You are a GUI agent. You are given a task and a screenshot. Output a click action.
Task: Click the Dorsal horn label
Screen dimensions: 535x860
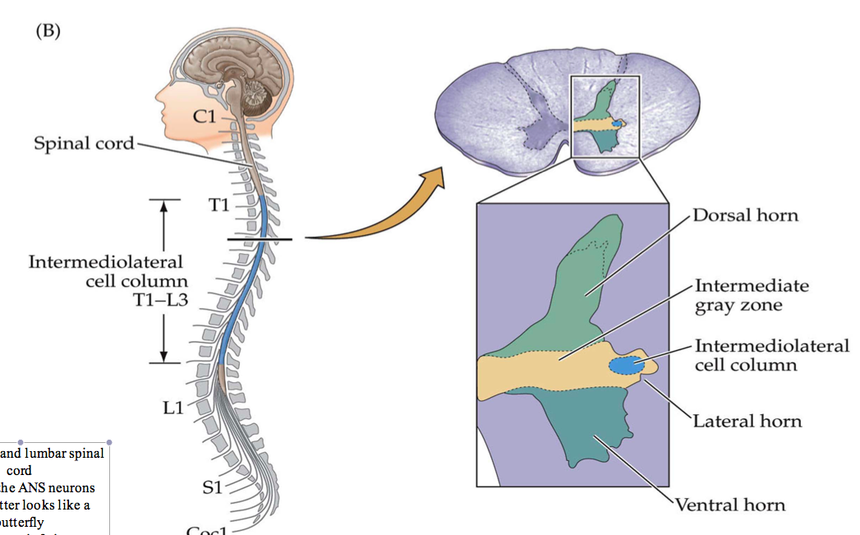(745, 216)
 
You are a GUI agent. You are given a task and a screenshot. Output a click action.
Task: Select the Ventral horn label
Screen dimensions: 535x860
(729, 504)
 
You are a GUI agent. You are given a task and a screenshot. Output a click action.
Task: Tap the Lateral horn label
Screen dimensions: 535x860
(747, 421)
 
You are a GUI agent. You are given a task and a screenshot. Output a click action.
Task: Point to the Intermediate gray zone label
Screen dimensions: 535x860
(751, 295)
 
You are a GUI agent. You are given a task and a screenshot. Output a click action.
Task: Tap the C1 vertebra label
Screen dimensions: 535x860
(205, 117)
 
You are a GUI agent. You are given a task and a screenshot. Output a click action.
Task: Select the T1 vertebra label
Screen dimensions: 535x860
(218, 205)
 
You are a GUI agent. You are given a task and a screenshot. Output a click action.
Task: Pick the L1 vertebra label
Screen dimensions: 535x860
(172, 406)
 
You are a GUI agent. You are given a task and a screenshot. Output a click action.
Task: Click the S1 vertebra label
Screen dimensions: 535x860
(212, 487)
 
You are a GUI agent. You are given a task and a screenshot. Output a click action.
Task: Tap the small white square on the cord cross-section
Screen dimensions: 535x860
(605, 116)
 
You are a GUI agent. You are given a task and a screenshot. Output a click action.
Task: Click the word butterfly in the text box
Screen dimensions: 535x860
(24, 521)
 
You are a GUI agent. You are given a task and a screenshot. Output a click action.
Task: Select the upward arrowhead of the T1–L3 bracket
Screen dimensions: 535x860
(164, 206)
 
